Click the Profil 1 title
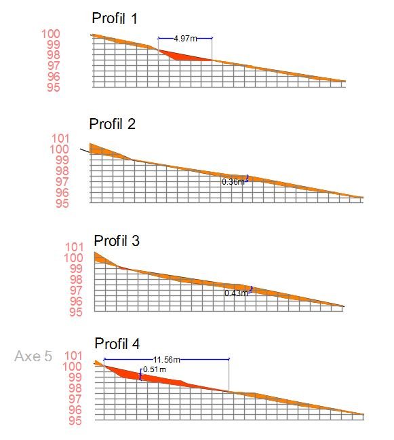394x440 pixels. click(115, 18)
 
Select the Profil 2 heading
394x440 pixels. click(113, 124)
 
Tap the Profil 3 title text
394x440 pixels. click(117, 241)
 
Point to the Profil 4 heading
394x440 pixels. click(117, 344)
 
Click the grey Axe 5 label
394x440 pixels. click(33, 356)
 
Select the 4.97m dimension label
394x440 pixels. click(185, 39)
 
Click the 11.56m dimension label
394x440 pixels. click(166, 359)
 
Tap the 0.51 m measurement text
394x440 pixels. click(155, 369)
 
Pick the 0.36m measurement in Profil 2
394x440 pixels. click(233, 182)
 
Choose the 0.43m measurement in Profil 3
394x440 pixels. click(236, 293)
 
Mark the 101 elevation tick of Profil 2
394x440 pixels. click(60, 139)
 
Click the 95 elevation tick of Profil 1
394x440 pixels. click(54, 88)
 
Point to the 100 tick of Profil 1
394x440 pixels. click(51, 34)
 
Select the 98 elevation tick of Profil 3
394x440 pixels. click(76, 280)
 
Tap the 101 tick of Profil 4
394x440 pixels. click(73, 356)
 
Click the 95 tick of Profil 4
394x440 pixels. click(75, 421)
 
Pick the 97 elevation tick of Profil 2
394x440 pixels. click(62, 182)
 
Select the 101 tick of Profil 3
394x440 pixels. click(75, 247)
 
